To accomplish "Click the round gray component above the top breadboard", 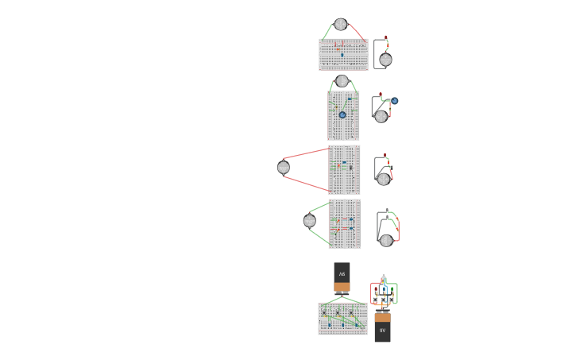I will point(341,25).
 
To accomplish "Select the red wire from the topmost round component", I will point(357,32).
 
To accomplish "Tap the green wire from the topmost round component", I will point(327,32).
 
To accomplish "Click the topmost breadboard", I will point(343,55).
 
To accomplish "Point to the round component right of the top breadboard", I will point(385,60).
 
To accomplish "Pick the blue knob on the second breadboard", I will point(342,114).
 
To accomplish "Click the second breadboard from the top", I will point(343,116).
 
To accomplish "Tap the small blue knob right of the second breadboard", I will point(394,101).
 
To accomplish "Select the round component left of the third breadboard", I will point(284,168).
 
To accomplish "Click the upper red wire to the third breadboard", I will point(306,153).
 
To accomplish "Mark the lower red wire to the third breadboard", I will point(306,184).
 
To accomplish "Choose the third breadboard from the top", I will point(344,169).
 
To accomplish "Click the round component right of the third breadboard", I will point(384,179).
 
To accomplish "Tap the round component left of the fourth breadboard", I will point(309,221).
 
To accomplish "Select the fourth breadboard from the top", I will point(345,224).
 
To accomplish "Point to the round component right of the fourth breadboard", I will point(386,240).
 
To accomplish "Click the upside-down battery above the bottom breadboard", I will point(342,277).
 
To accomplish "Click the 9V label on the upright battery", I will point(382,330).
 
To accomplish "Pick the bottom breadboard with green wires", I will point(343,319).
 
